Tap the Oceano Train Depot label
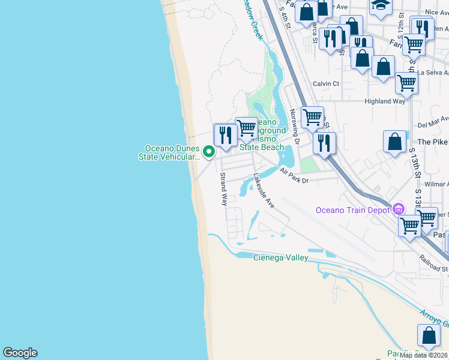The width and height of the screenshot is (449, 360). point(354,210)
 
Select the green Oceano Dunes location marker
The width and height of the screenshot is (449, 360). point(209,152)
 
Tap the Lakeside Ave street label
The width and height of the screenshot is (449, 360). point(264,191)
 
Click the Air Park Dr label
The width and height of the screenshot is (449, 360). point(294,176)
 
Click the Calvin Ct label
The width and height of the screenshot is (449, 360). point(326,84)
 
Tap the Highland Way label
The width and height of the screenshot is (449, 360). point(385,101)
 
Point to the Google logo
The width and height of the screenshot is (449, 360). point(20,353)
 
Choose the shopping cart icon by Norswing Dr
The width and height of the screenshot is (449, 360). point(312,117)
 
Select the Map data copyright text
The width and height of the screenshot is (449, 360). point(424,355)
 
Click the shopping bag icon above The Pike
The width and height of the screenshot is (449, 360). point(395,141)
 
